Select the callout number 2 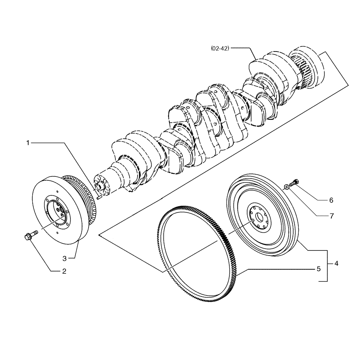click(64, 271)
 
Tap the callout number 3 click(64, 258)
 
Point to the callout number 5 click(318, 269)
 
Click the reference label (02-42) click(220, 48)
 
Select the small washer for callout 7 click(286, 187)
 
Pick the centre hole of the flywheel click(259, 217)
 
